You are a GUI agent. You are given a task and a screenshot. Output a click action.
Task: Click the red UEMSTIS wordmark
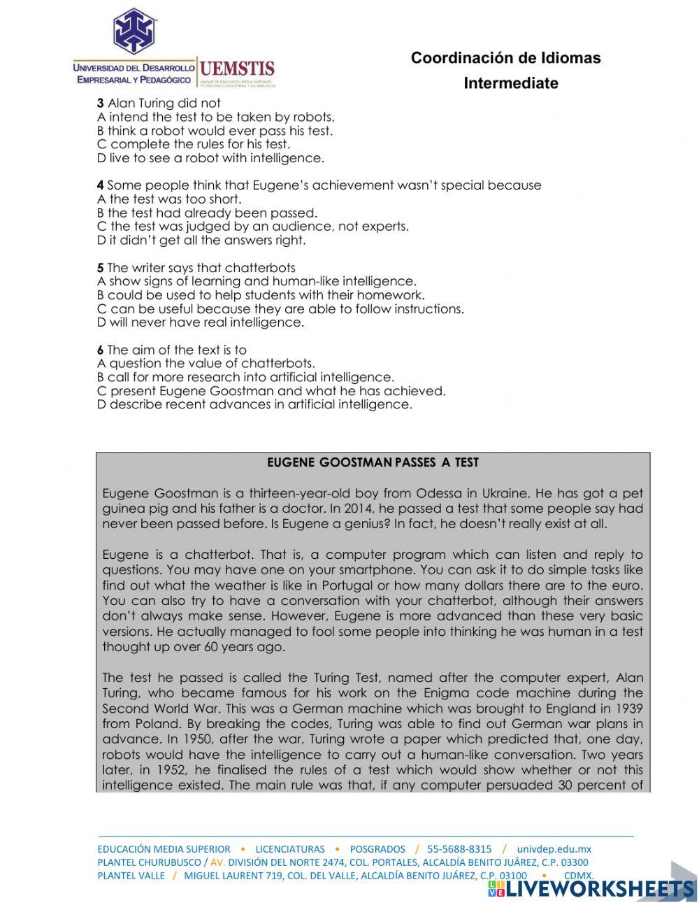tap(237, 69)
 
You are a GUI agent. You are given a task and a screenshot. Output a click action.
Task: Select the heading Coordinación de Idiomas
tap(505, 58)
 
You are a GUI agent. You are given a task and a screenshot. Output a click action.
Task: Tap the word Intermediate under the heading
tap(510, 83)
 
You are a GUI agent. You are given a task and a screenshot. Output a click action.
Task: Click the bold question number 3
tap(101, 104)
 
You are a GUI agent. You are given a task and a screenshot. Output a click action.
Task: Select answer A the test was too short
tap(169, 199)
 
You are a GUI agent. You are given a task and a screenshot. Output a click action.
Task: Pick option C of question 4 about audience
tap(252, 227)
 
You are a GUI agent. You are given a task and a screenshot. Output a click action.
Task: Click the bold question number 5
tap(101, 268)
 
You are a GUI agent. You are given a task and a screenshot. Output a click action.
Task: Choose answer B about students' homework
tap(260, 295)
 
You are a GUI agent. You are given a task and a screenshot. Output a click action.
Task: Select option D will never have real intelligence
tap(201, 322)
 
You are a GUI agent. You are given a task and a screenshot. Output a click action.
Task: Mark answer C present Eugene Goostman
tap(271, 391)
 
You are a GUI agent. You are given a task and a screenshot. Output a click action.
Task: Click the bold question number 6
tap(101, 350)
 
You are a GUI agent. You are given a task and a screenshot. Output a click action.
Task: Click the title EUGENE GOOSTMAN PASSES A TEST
tap(373, 462)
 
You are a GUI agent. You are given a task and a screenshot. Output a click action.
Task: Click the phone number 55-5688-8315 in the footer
tap(459, 849)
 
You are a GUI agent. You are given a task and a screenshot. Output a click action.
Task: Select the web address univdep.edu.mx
tap(554, 849)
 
